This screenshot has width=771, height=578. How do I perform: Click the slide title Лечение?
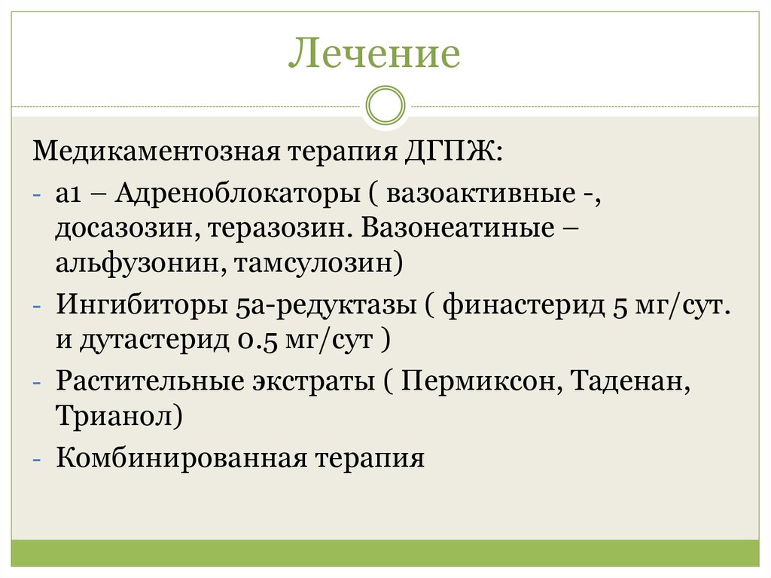[x=374, y=55]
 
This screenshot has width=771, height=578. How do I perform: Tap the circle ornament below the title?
[x=385, y=105]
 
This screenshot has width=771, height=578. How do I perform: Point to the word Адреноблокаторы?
[x=237, y=194]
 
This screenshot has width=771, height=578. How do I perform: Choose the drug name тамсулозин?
[x=317, y=263]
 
